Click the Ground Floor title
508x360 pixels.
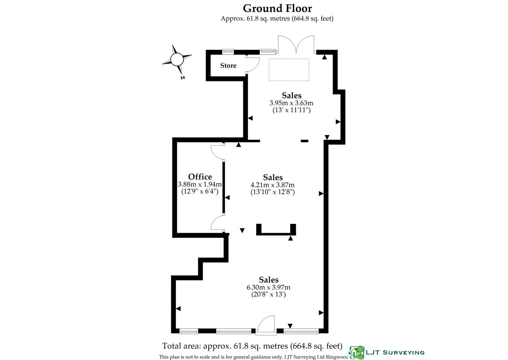(x=277, y=8)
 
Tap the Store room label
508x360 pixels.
(x=228, y=66)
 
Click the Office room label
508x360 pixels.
(x=200, y=177)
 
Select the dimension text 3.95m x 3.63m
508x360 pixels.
(x=291, y=103)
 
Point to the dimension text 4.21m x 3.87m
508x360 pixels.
(x=273, y=185)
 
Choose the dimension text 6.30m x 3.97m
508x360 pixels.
(x=268, y=287)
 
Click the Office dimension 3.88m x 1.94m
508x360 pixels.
(x=200, y=184)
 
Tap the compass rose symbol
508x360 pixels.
(x=177, y=60)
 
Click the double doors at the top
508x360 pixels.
(x=296, y=45)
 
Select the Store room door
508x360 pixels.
(x=253, y=64)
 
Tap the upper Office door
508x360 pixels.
(x=217, y=151)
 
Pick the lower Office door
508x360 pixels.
(x=217, y=223)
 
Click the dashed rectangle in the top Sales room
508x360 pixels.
(x=289, y=70)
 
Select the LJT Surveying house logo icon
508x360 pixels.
(x=356, y=351)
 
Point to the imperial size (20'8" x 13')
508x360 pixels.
(x=268, y=295)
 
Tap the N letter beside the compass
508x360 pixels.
(x=182, y=78)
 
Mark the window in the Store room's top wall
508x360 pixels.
(x=228, y=52)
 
